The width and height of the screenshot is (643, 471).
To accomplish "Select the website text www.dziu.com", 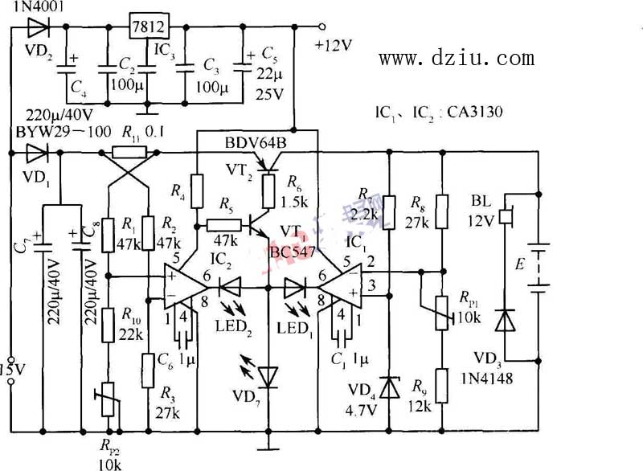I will tap(456, 58).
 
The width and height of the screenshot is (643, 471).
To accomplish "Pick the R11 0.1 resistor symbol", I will tap(129, 151).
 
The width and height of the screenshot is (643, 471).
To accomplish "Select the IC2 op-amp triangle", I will tap(191, 287).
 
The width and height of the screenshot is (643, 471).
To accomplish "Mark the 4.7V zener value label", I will tap(363, 407).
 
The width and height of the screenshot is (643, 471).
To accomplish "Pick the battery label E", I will tap(523, 262).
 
